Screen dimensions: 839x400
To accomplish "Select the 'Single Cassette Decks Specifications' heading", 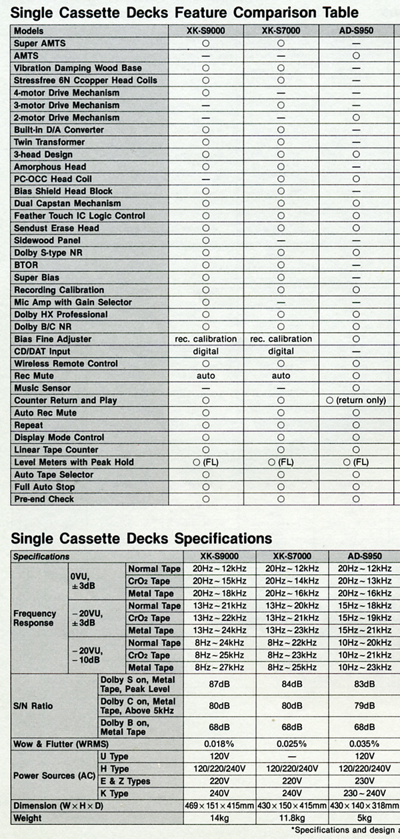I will pyautogui.click(x=142, y=538).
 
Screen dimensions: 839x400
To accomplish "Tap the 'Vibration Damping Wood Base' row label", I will pyautogui.click(x=78, y=68).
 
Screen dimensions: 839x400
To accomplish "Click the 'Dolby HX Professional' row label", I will pyautogui.click(x=61, y=315).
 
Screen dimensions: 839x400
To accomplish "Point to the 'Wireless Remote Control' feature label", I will pyautogui.click(x=66, y=364).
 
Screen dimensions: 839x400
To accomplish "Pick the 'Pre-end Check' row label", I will pyautogui.click(x=44, y=500).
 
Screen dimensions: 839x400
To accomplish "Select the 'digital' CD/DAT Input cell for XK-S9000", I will pyautogui.click(x=206, y=351).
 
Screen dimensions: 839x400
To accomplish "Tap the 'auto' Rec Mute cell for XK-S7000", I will pyautogui.click(x=281, y=376).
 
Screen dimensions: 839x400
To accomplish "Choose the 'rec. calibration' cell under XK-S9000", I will pyautogui.click(x=206, y=339).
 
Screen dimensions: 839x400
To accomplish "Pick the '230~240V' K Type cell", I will pyautogui.click(x=363, y=794).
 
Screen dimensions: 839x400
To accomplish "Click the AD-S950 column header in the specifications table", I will pyautogui.click(x=364, y=556).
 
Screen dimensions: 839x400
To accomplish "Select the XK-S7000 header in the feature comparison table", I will pyautogui.click(x=281, y=31).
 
